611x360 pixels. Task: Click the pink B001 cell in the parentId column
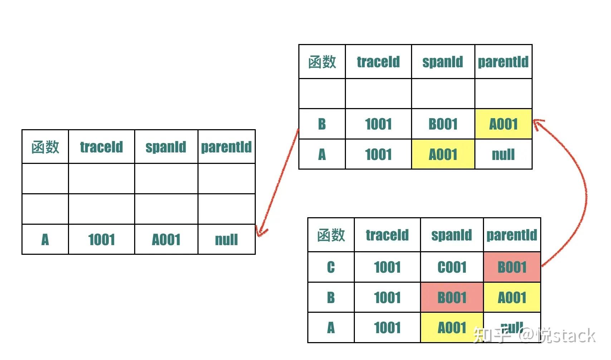(x=512, y=267)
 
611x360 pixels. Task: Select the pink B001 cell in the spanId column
(x=452, y=297)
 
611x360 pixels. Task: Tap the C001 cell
(x=452, y=267)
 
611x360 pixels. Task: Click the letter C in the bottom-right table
(x=331, y=267)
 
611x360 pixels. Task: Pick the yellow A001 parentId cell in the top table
(x=503, y=124)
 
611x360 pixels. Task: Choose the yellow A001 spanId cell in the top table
(x=443, y=155)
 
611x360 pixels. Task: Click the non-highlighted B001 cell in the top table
(x=443, y=124)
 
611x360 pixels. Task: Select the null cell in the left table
(x=226, y=239)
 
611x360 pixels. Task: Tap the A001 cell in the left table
(x=166, y=239)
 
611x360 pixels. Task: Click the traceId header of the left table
(x=102, y=147)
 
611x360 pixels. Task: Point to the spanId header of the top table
(x=443, y=62)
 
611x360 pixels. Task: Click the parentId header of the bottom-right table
(x=512, y=235)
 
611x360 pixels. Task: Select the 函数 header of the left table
(x=45, y=147)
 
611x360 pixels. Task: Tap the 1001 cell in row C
(x=387, y=267)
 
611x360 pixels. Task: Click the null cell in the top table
(x=503, y=155)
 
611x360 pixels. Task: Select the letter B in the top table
(x=322, y=124)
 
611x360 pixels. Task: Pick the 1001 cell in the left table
(x=102, y=239)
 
